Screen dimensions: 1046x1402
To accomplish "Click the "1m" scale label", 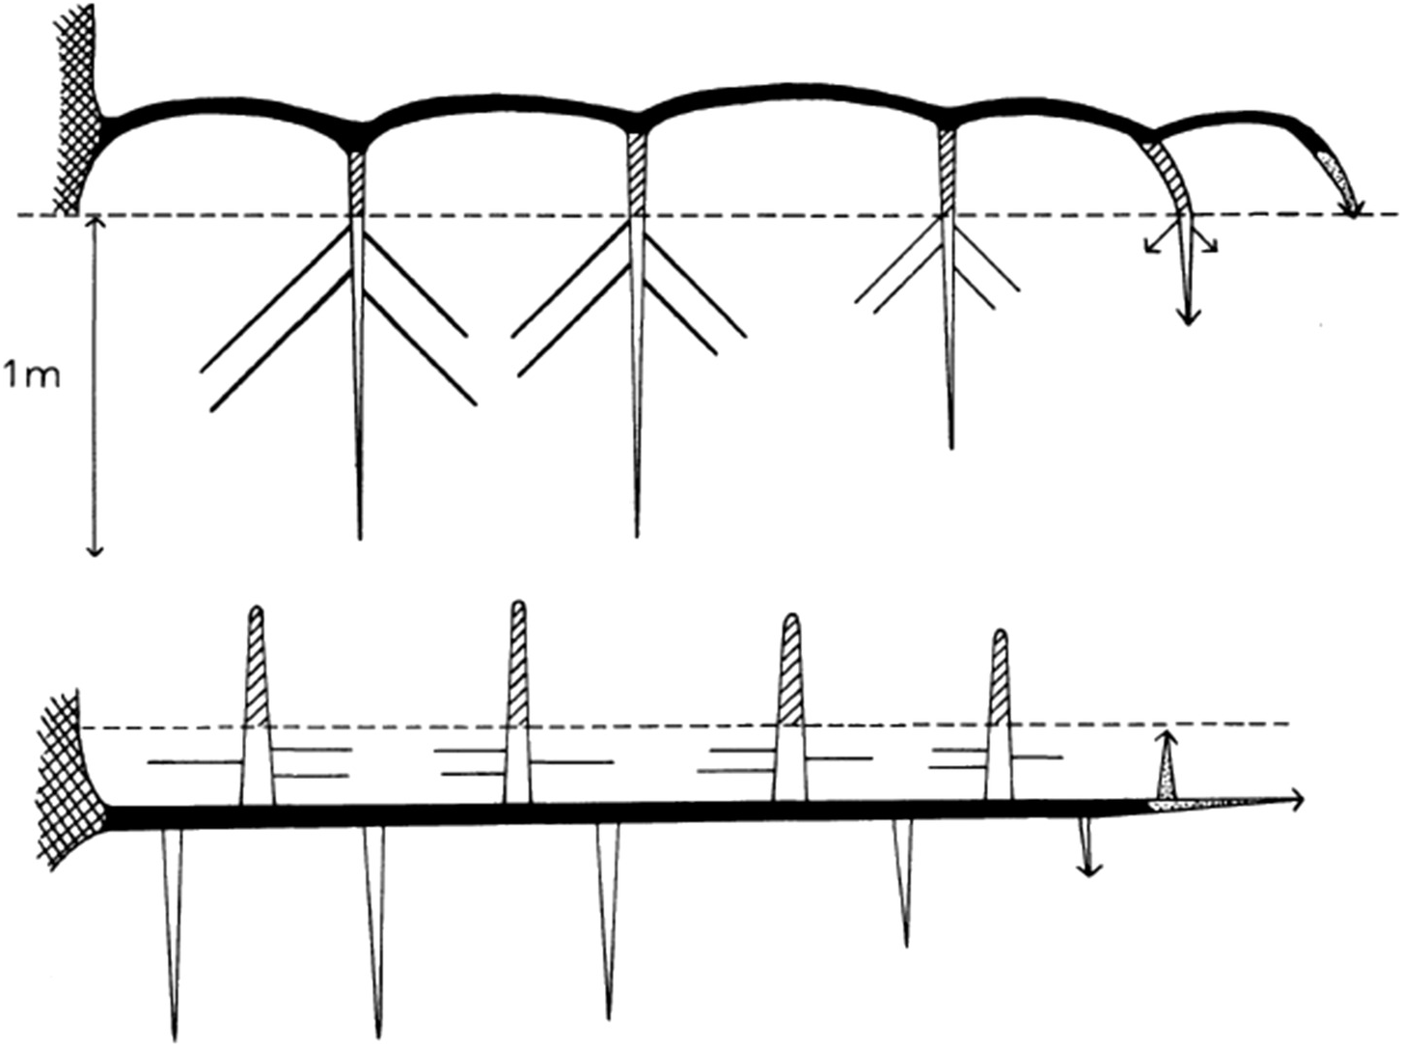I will (x=32, y=374).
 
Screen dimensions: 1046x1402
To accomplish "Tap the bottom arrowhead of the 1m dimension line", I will (x=94, y=549).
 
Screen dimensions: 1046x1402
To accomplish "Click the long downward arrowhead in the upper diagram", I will (x=1188, y=316).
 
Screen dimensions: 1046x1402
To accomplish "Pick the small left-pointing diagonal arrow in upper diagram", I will (x=1151, y=247).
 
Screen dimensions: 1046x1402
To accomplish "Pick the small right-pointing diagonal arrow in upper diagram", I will (x=1209, y=246).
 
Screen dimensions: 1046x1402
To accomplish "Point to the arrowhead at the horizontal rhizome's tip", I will (x=1299, y=799).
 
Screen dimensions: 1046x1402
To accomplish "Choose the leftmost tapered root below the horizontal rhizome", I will (x=174, y=926).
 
